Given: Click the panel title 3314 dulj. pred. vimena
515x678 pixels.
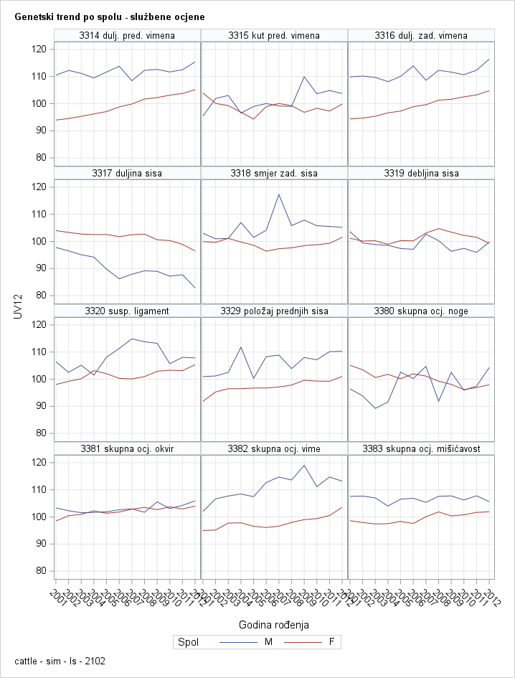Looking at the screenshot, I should click(x=127, y=35).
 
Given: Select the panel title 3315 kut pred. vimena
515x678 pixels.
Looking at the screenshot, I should click(x=274, y=35).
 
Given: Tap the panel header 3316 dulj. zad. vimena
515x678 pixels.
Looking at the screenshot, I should click(x=421, y=35).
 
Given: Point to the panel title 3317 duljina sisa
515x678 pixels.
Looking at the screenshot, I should click(x=127, y=173).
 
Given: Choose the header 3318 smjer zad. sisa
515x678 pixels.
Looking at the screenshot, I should click(x=274, y=173).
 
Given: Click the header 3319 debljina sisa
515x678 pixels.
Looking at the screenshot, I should click(x=421, y=173).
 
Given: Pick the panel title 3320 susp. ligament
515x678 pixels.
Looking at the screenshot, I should click(x=127, y=311).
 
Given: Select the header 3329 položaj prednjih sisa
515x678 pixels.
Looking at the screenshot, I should click(x=274, y=311).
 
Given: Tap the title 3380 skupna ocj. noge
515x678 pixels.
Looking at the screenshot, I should click(x=421, y=311).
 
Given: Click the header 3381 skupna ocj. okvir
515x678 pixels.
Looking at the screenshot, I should click(x=127, y=448).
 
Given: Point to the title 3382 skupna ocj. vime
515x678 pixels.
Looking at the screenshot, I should click(x=274, y=448).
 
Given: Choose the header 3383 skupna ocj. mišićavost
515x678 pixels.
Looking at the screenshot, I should click(x=421, y=448).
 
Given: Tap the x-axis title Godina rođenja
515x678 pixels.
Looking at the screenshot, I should click(x=275, y=624).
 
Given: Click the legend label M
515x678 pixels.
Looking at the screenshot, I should click(x=268, y=642).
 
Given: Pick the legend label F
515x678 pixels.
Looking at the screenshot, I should click(x=331, y=642).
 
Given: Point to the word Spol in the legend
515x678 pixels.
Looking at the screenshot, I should click(x=188, y=642).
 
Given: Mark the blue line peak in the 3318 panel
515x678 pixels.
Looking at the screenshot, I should click(x=278, y=194).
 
